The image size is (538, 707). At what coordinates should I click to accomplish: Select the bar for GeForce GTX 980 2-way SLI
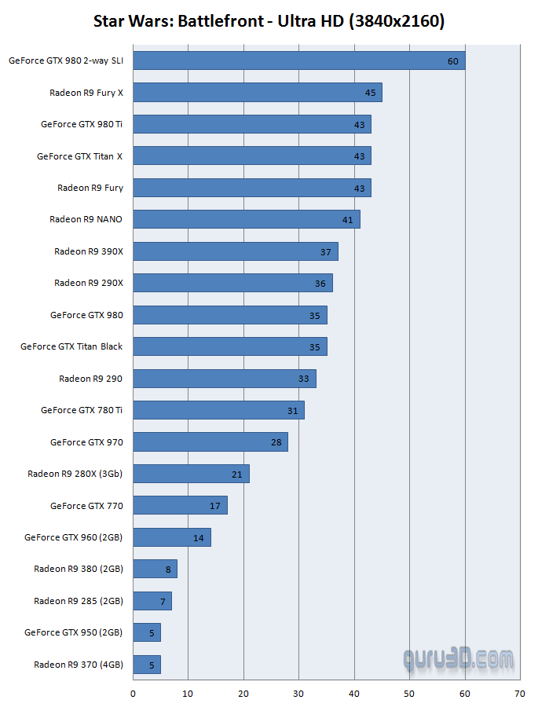coord(298,60)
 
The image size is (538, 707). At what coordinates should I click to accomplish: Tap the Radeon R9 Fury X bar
coord(257,93)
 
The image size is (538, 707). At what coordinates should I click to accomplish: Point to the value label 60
coord(453,61)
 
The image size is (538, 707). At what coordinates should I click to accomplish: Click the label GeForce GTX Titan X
coord(79,156)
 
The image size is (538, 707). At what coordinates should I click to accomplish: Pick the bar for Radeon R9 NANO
coord(246,219)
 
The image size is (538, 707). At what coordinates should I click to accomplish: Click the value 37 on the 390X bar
coord(326,252)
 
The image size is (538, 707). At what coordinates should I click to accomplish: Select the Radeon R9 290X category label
coord(88,283)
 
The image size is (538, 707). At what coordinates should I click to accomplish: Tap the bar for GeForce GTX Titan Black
coord(229,346)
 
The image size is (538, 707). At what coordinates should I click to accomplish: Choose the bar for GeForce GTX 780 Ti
coord(218,410)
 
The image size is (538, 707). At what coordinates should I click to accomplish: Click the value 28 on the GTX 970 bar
coord(276,442)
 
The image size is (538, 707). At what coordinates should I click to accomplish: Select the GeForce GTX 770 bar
coord(180,505)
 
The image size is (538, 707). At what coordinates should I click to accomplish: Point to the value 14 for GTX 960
coord(198,538)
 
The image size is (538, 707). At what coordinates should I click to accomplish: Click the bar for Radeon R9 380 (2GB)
coord(155,569)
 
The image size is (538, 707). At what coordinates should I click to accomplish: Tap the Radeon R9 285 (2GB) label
coord(79,601)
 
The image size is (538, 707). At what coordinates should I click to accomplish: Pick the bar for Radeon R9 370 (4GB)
coord(147,665)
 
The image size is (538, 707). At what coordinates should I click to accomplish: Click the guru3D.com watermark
coord(458,658)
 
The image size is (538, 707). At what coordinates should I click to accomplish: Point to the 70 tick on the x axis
coord(519,694)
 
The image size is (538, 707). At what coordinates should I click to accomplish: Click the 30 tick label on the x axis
coord(298,694)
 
